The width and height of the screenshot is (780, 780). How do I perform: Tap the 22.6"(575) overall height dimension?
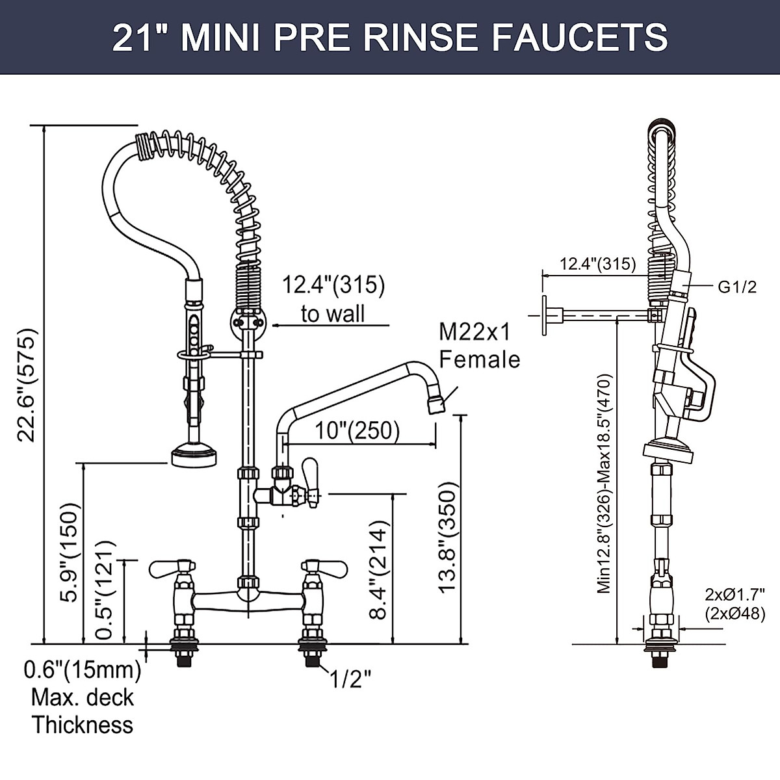point(27,385)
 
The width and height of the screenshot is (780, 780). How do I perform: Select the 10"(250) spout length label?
point(357,430)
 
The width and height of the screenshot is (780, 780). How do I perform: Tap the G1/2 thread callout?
point(737,287)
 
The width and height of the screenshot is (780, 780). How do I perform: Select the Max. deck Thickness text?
point(83,710)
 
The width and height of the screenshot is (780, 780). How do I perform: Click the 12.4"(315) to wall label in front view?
point(333,298)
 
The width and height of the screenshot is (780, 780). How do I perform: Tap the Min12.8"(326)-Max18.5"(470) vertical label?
point(604,483)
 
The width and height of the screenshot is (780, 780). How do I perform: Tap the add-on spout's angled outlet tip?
point(435,404)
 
